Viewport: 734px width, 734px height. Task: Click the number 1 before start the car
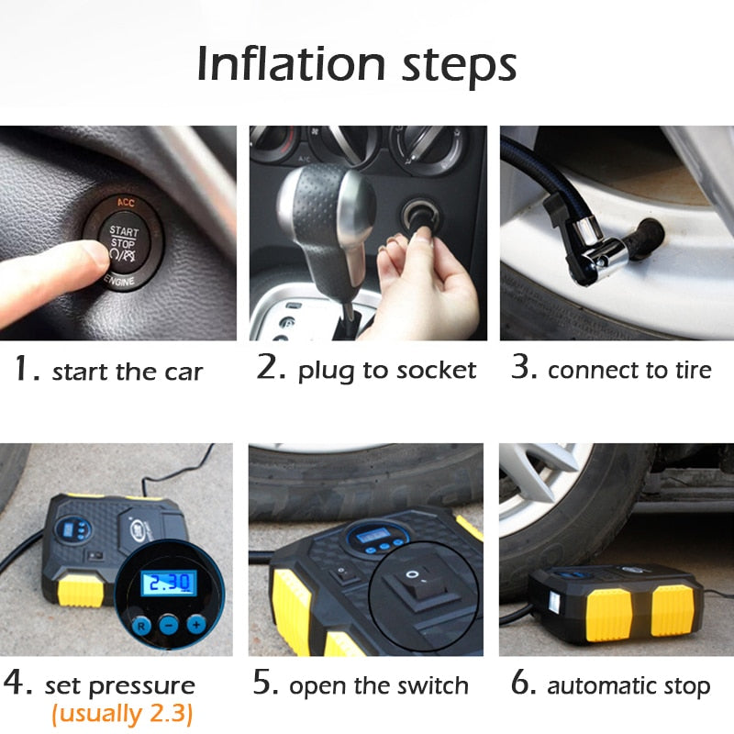coord(23,370)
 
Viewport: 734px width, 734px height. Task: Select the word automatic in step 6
coord(598,685)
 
